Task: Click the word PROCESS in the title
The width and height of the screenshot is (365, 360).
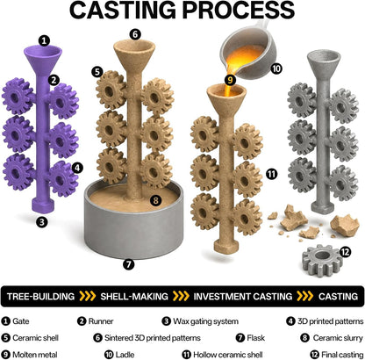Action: point(239,10)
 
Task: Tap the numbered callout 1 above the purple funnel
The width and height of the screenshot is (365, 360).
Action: point(44,40)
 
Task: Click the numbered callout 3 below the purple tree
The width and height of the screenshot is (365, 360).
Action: point(42,222)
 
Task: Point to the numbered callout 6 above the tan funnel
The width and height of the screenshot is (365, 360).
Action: point(135,34)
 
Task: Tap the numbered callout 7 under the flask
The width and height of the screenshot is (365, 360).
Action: point(128,264)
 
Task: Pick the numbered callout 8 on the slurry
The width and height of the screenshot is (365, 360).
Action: point(155,200)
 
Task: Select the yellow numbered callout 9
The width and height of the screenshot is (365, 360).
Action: point(230,80)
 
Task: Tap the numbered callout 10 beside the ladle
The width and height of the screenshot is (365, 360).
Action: point(276,68)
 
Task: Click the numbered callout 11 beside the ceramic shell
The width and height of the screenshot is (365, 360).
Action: point(271,174)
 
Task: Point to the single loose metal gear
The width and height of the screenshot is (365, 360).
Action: point(322,261)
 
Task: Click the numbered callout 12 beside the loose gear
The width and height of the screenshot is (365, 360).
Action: point(346,252)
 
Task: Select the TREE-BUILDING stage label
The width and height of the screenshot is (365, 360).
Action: point(40,296)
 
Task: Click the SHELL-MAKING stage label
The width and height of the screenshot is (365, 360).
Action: point(134,296)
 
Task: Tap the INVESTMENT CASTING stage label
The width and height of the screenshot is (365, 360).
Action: point(243,296)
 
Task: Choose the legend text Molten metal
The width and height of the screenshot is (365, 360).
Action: point(35,355)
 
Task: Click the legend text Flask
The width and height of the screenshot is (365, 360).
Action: point(256,338)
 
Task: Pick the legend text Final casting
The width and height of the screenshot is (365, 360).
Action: point(342,355)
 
